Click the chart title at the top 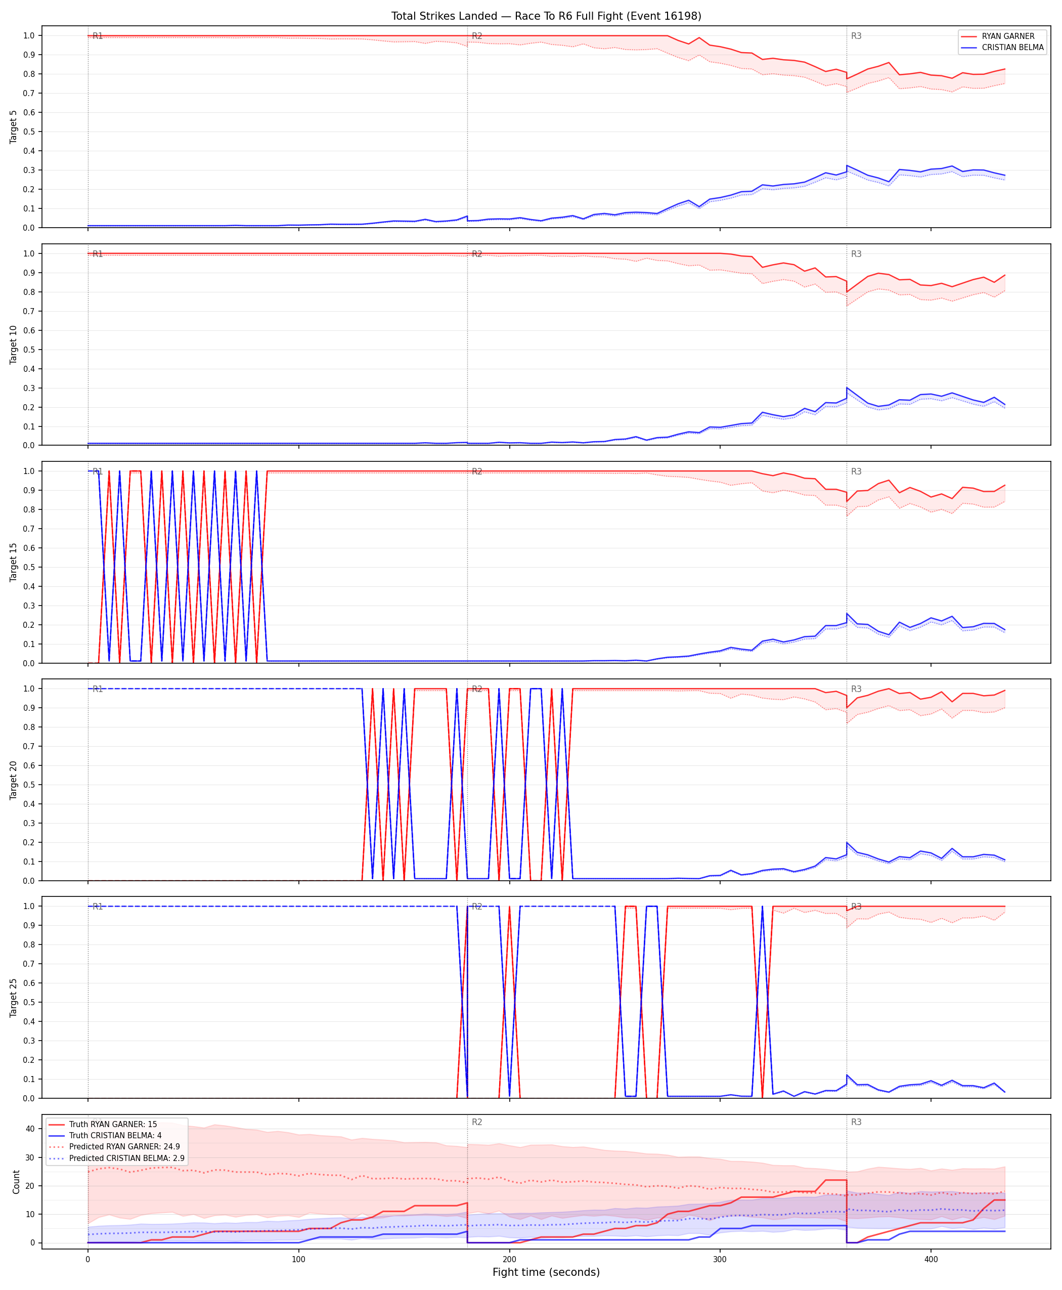click(546, 16)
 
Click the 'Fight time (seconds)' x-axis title click(546, 1272)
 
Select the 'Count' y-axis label click(16, 1182)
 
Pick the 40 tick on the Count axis click(30, 1129)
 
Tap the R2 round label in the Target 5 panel click(476, 36)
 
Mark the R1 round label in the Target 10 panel click(97, 254)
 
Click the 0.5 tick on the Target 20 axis click(29, 785)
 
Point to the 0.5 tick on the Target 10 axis click(29, 350)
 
